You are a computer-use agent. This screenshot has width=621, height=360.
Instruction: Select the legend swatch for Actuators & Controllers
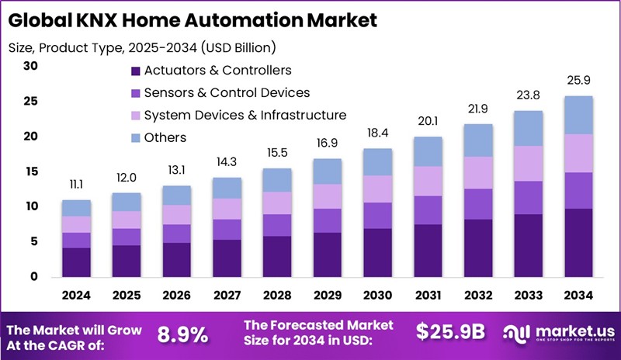[136, 71]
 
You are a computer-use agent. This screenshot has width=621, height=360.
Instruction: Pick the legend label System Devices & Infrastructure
[245, 116]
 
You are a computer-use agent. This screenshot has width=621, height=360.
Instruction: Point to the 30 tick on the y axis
[30, 66]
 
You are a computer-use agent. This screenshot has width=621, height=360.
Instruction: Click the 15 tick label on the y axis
[30, 171]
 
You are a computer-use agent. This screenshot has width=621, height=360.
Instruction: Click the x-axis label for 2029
[328, 295]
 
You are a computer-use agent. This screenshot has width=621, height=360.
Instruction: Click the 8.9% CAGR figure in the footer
[182, 334]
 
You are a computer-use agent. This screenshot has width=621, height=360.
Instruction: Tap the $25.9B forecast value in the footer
[450, 332]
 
